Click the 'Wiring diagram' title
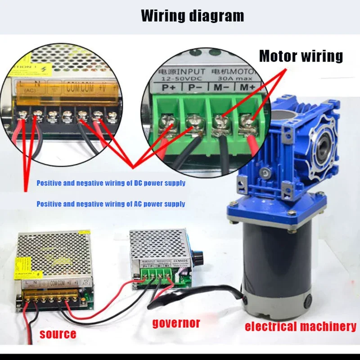(193, 16)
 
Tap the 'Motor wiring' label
(301, 56)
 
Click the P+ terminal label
(169, 87)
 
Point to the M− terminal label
(220, 87)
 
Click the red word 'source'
(58, 334)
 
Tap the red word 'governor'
(176, 323)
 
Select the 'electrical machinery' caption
(300, 327)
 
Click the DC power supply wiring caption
(111, 183)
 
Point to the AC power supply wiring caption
(111, 204)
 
